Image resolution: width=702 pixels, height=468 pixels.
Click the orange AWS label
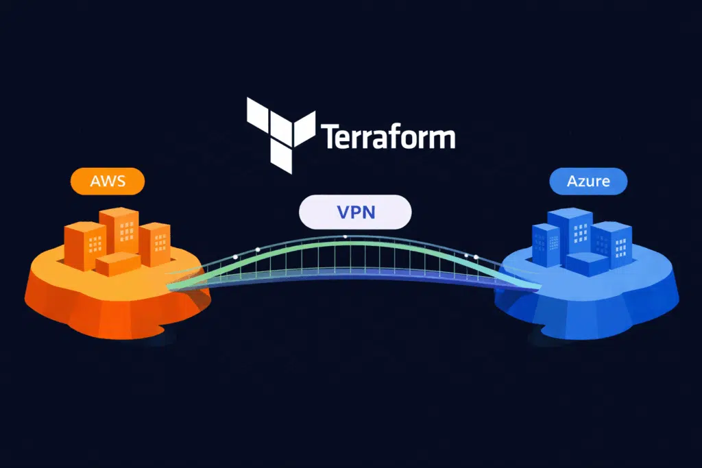coord(108,182)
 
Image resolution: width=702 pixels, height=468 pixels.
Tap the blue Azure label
coord(588,182)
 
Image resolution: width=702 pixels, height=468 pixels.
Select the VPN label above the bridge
coord(355,212)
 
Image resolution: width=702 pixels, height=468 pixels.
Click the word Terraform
coord(387,136)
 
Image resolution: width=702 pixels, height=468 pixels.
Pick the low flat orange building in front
coord(117,264)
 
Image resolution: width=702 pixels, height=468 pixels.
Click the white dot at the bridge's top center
coord(345,236)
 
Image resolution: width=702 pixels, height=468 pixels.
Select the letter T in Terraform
coord(328,136)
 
